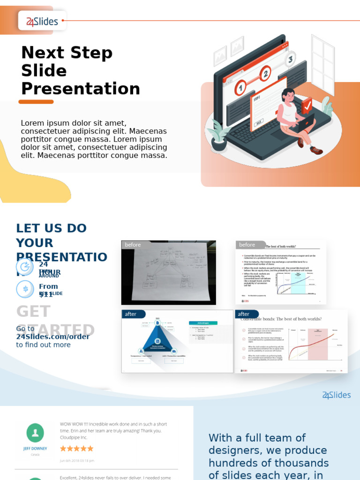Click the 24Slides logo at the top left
pos(42,21)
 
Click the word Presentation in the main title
pos(81,89)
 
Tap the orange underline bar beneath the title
pos(36,102)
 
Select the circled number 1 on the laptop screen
pos(240,87)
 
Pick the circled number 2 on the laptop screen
pos(265,74)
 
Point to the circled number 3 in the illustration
pos(290,59)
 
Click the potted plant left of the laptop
pos(218,135)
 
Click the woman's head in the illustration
pos(288,95)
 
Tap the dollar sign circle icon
pos(25,289)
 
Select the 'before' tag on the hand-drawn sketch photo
pos(133,245)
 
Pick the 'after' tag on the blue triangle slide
pos(131,314)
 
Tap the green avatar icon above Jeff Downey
pos(35,433)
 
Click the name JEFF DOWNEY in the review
pos(35,449)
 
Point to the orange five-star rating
pos(77,449)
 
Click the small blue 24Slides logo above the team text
pos(336,395)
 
